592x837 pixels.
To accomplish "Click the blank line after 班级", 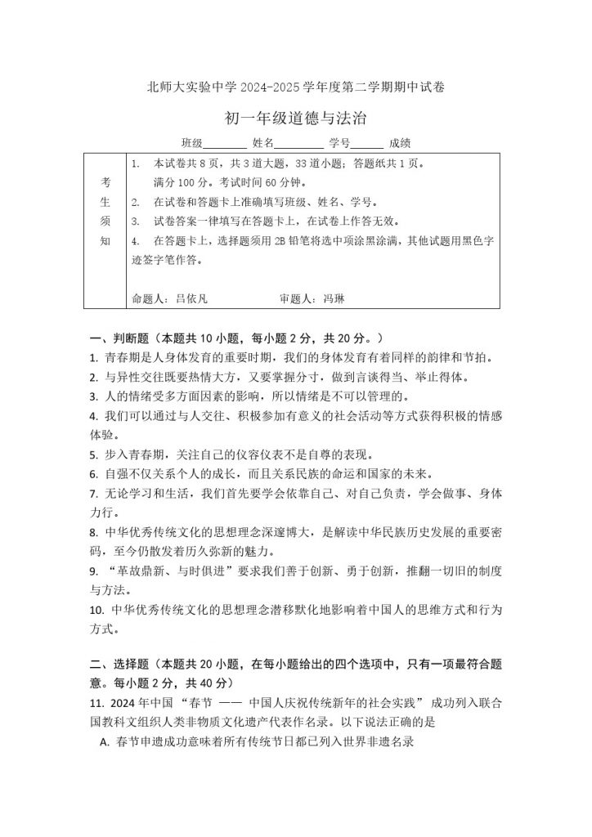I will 220,142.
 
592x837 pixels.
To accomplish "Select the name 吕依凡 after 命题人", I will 191,299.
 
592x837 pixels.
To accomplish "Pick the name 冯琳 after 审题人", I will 334,299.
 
